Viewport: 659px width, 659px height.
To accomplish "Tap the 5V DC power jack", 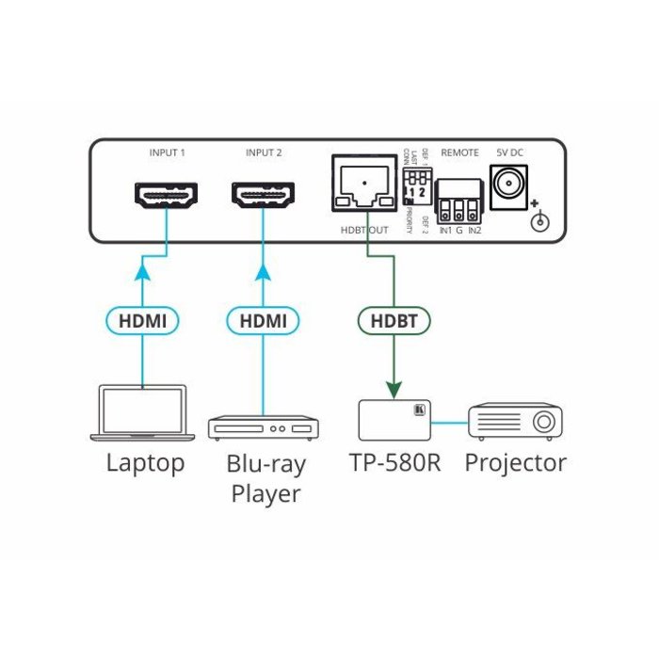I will [509, 179].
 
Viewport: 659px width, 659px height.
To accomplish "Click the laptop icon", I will [143, 411].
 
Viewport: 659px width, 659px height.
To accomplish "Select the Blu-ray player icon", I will [264, 427].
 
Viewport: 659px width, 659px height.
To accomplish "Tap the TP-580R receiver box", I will [394, 419].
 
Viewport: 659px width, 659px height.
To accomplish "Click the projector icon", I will [516, 420].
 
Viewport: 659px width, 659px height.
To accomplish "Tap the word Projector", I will [516, 463].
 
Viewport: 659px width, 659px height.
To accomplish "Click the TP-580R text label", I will [394, 463].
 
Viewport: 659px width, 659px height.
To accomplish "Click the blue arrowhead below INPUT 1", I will [143, 272].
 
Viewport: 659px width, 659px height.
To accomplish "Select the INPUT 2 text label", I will [264, 152].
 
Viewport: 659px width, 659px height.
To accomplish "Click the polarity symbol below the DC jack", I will [539, 220].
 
